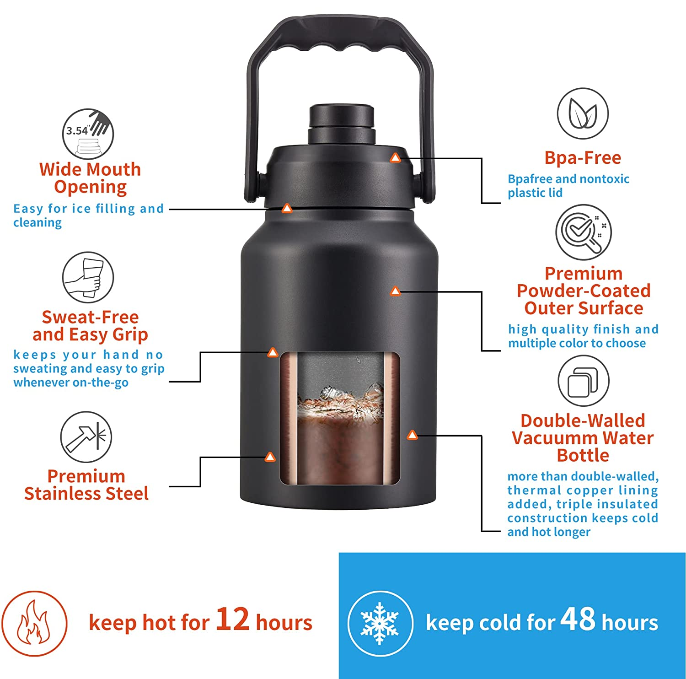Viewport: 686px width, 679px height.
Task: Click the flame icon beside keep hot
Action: (x=34, y=623)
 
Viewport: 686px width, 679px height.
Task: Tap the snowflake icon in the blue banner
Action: (x=380, y=623)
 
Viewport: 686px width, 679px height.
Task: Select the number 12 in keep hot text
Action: (x=232, y=620)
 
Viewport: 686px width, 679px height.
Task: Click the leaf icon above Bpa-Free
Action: (x=583, y=113)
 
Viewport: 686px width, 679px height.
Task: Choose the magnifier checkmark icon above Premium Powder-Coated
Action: (x=584, y=232)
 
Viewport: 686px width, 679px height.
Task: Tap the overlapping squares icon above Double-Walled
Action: (x=584, y=381)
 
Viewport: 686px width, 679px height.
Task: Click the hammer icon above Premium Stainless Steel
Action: (x=86, y=437)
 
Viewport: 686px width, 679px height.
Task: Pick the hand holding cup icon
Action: (x=88, y=277)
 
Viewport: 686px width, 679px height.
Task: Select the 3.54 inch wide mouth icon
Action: (x=88, y=134)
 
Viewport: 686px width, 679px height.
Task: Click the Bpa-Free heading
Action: (x=583, y=158)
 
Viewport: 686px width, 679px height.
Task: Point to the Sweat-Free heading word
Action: (x=90, y=317)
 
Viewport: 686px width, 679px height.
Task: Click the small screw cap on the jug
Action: (x=342, y=124)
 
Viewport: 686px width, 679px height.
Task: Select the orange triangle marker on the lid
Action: (x=395, y=158)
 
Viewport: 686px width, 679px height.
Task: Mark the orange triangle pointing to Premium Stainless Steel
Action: (x=270, y=457)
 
